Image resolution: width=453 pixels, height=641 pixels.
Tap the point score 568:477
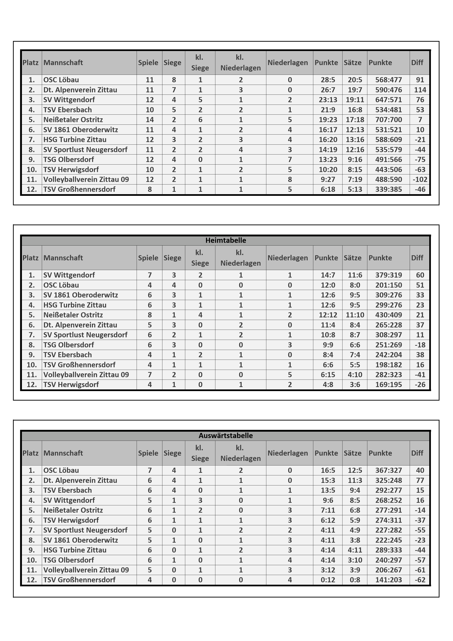click(x=389, y=80)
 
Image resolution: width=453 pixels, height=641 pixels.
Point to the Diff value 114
click(x=420, y=90)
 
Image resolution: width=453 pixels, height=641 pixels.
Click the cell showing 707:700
click(x=389, y=120)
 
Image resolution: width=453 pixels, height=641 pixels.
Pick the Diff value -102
click(x=420, y=180)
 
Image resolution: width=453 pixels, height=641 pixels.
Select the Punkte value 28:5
click(x=328, y=80)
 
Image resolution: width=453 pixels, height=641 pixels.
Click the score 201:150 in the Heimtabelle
click(x=389, y=285)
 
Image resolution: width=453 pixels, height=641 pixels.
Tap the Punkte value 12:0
click(x=328, y=285)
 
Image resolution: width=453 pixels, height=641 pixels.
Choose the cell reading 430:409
click(x=389, y=315)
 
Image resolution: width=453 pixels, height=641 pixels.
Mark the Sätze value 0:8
click(x=355, y=580)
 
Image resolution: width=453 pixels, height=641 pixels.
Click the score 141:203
click(x=389, y=580)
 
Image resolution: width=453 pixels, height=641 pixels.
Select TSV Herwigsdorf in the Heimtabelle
click(x=71, y=385)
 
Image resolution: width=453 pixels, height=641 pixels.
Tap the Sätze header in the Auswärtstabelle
click(x=353, y=453)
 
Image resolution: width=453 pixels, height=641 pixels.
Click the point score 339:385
click(x=389, y=189)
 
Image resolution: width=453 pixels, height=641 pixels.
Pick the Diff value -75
click(x=420, y=159)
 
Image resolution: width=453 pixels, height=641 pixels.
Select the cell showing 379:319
click(x=389, y=275)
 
